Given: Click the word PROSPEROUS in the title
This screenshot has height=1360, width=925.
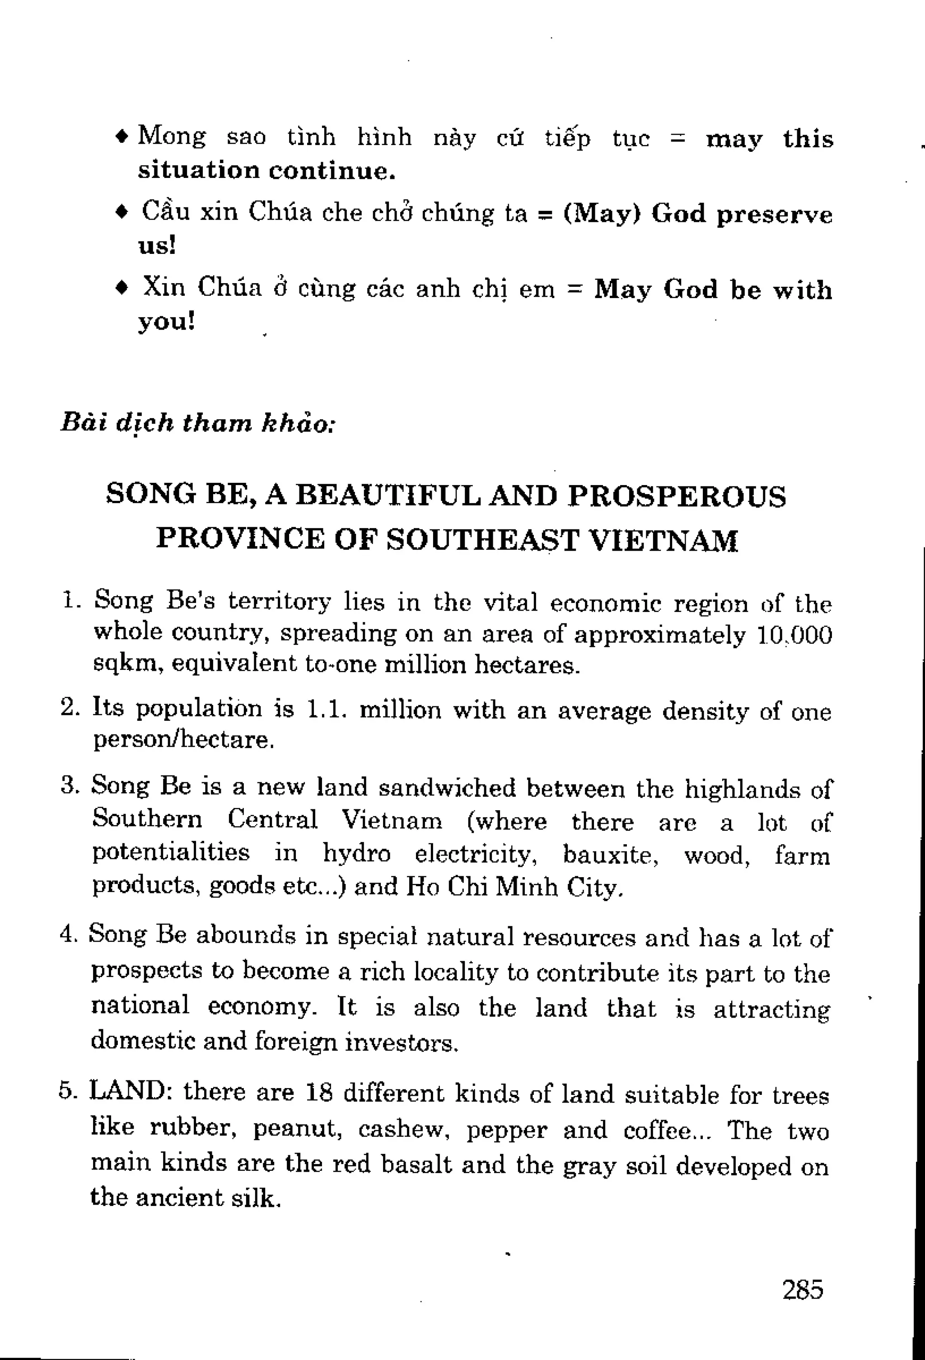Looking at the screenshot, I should pos(677,496).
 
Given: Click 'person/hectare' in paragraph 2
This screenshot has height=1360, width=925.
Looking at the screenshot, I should pos(182,740).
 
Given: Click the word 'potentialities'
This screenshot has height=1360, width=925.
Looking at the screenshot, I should pos(171,853).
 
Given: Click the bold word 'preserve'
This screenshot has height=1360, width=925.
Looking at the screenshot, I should pos(773,215).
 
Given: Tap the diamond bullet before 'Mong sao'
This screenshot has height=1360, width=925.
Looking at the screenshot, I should pos(121,136).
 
